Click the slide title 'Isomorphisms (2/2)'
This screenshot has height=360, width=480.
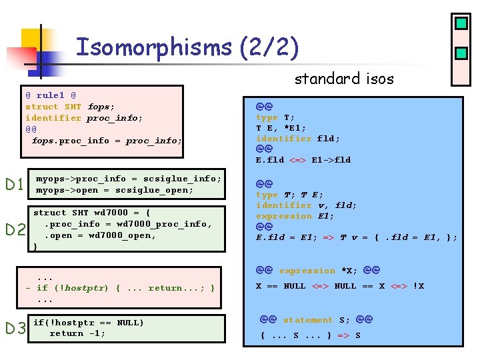coord(187,47)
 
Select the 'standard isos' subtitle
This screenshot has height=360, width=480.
coord(344,79)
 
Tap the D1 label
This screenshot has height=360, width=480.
coord(15,185)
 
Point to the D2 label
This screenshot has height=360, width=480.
coord(15,231)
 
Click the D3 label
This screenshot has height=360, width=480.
coord(15,328)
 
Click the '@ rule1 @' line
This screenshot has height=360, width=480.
coord(51,95)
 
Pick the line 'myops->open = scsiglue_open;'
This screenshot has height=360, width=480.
coord(114,190)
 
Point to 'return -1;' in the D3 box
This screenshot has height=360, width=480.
coord(77,333)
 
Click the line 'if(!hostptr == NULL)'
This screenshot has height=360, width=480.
coord(88,323)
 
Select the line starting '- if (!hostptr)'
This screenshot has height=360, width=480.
coord(120,288)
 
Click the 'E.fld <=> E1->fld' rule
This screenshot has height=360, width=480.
coord(303,160)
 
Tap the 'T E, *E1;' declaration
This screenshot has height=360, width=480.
coord(281,128)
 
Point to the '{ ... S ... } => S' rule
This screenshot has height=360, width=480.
coord(310,335)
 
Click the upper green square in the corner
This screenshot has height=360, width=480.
coord(461,24)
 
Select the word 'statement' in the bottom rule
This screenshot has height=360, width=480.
coord(307,320)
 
